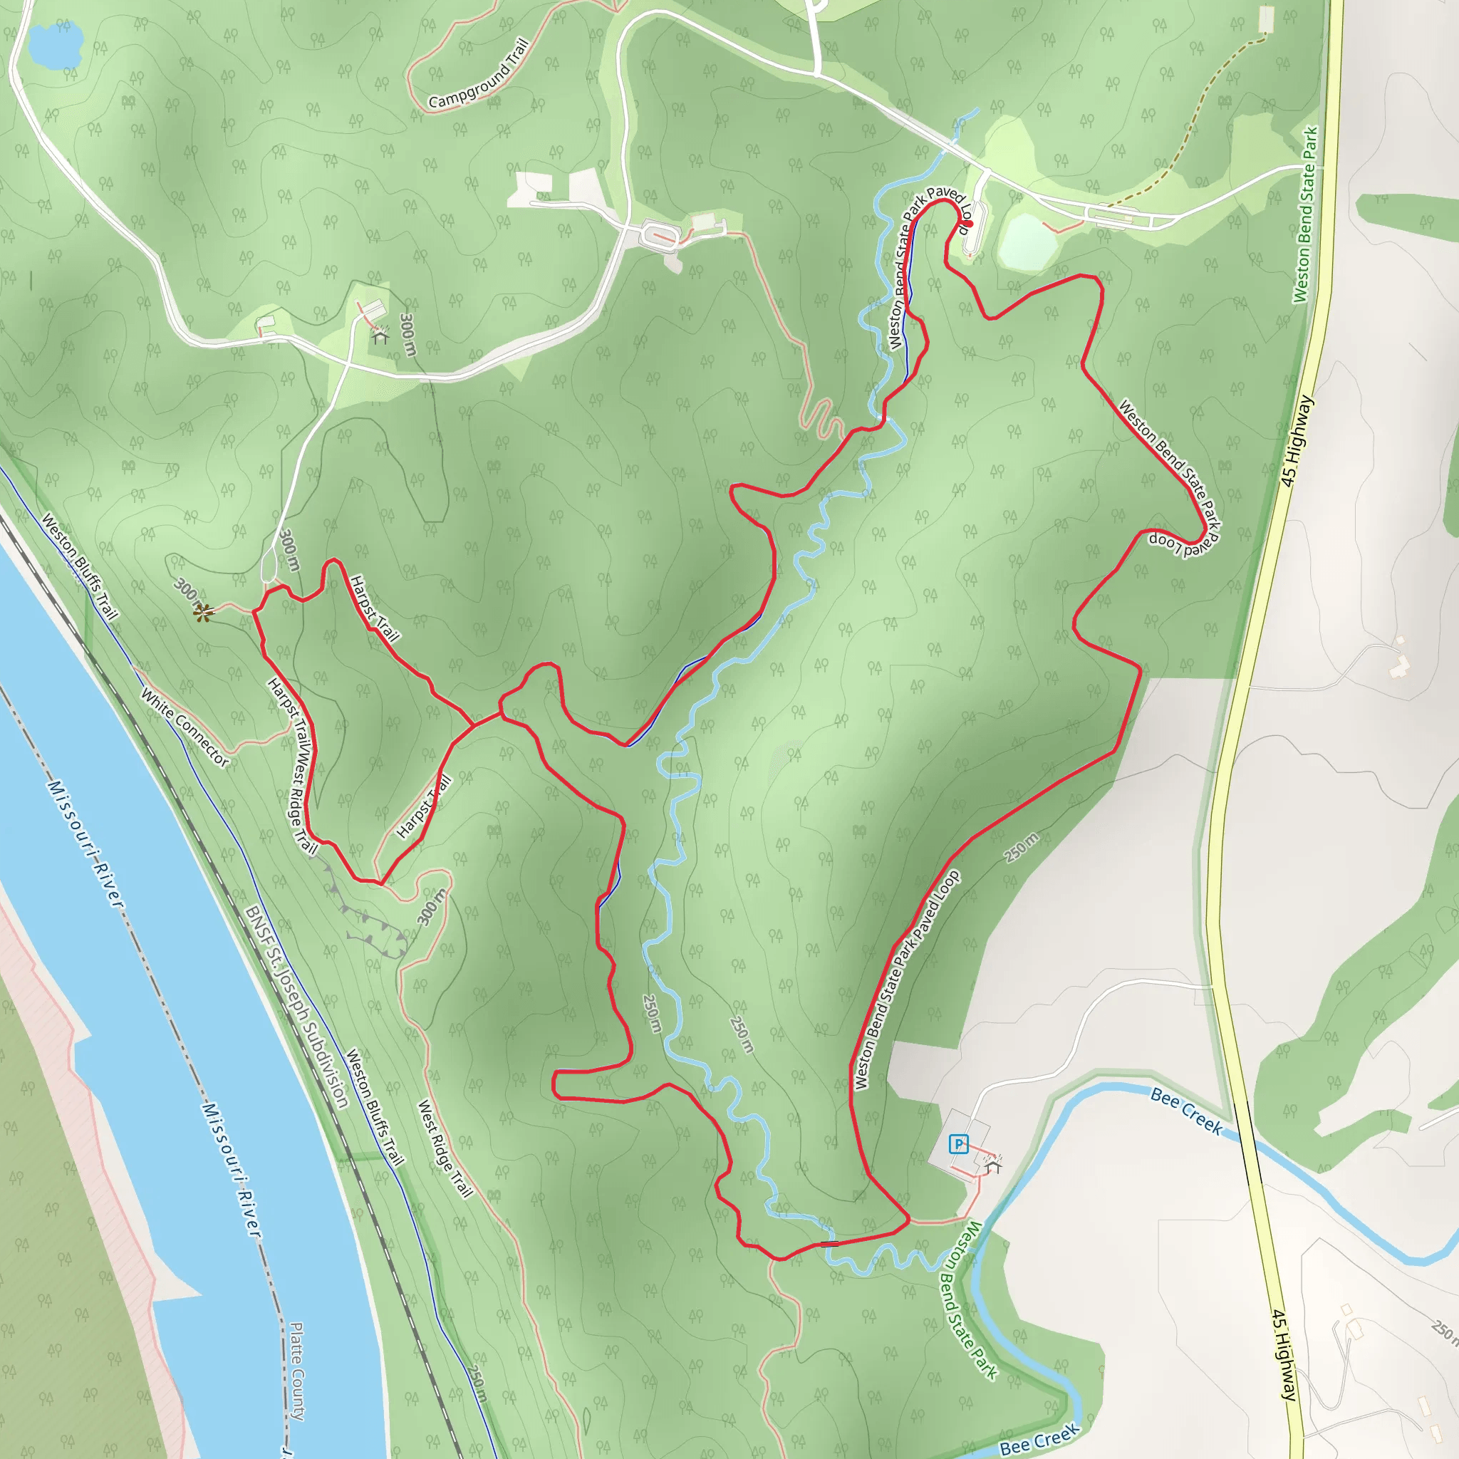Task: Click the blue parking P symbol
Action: tap(958, 1144)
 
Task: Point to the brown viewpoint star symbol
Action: tap(202, 613)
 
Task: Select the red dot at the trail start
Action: tap(969, 224)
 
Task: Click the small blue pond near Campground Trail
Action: tap(54, 43)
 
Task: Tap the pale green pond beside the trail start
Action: tap(1027, 239)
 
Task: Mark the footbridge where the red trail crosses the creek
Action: tap(829, 1243)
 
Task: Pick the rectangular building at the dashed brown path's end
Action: tap(1267, 20)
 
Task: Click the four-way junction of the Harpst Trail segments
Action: tap(474, 725)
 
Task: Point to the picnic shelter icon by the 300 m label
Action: tap(380, 336)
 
